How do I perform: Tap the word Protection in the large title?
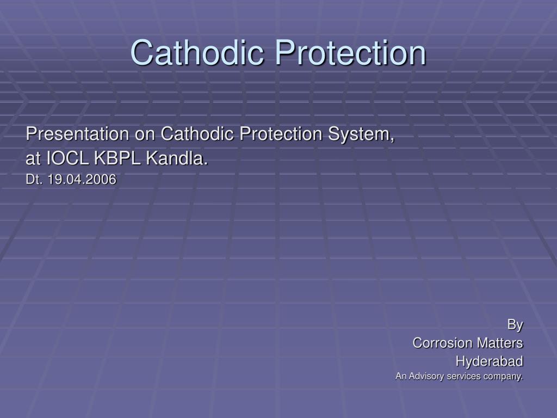click(350, 52)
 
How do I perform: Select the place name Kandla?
click(177, 159)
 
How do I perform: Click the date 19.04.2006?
click(82, 180)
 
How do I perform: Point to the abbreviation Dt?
click(34, 180)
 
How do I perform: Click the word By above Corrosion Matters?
click(515, 325)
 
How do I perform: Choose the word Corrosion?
click(442, 343)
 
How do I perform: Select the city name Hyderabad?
click(489, 361)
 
